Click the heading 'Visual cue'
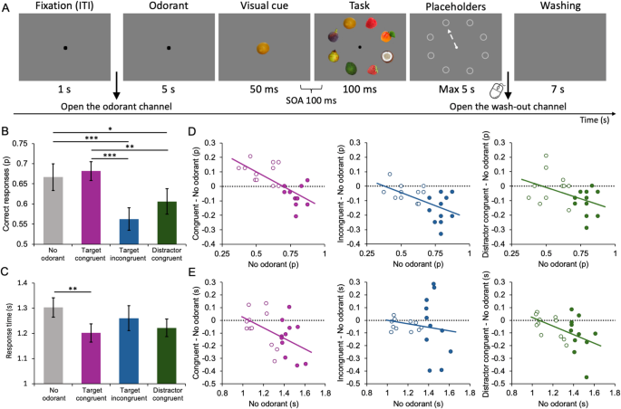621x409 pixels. coord(261,9)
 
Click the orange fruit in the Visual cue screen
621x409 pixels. coord(262,48)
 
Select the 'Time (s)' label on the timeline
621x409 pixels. coord(594,120)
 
